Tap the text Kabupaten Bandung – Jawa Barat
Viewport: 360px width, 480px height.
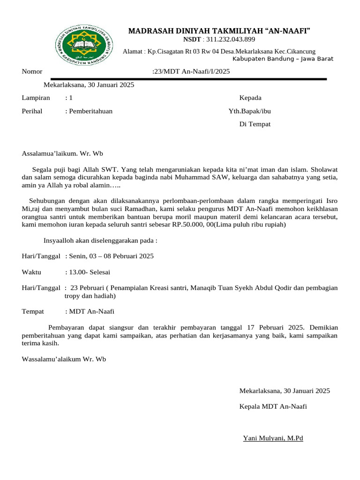(x=283, y=59)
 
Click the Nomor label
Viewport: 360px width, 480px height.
(x=32, y=72)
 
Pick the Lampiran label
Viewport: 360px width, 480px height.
(x=36, y=98)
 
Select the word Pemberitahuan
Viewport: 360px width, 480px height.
(x=90, y=111)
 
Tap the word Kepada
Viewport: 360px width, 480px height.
(x=250, y=98)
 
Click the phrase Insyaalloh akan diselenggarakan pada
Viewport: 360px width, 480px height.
(x=100, y=240)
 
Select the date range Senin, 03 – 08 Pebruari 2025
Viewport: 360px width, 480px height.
(x=111, y=256)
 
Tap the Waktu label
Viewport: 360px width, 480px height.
(x=31, y=272)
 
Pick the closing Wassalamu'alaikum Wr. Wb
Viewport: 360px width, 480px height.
(x=64, y=359)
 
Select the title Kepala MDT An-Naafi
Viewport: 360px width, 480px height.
(x=273, y=406)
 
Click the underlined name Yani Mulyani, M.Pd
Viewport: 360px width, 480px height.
(x=273, y=438)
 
